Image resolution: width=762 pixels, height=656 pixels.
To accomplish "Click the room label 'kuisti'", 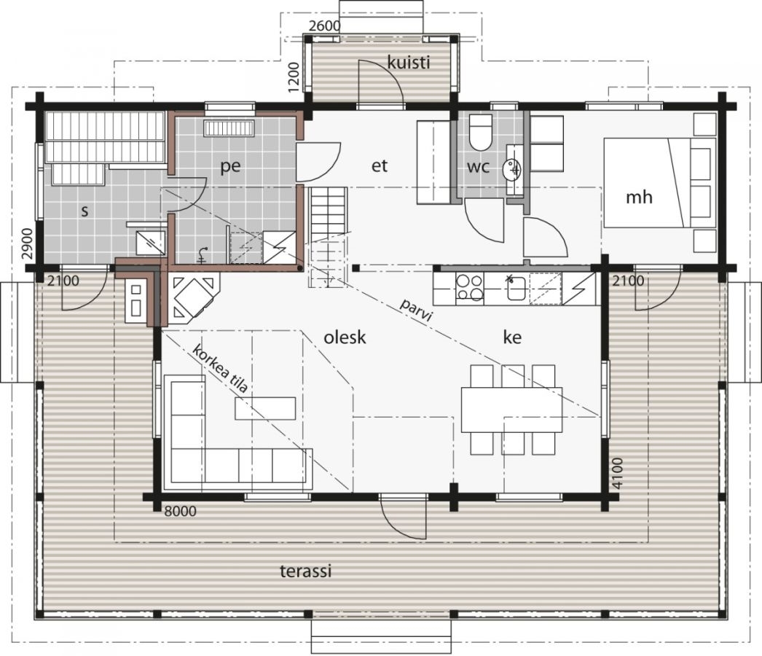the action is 409,62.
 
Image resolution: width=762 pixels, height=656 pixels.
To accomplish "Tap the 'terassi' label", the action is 306,571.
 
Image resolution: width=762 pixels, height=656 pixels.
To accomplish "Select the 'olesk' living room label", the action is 345,337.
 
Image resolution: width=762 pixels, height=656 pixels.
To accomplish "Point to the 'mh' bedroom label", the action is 639,198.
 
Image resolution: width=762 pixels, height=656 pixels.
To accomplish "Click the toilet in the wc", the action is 482,133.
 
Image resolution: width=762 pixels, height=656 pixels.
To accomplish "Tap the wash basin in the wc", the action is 514,170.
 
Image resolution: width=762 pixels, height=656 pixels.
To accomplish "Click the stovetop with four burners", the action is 469,288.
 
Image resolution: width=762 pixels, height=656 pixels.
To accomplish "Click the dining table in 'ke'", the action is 511,410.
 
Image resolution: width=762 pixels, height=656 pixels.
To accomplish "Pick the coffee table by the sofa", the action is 265,408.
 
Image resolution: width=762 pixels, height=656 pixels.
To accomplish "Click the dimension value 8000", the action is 180,512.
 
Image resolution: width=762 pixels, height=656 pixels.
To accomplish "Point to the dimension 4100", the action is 616,473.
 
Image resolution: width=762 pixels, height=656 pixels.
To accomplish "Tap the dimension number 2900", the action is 28,243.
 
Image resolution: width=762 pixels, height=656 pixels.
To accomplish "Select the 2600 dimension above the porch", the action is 325,26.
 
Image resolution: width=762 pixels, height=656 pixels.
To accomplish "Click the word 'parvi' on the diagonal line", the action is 416,311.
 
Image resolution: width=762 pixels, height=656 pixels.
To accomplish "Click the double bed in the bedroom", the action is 660,182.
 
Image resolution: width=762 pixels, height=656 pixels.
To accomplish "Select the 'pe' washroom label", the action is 230,166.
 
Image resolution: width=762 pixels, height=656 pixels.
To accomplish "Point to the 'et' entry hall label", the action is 380,166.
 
